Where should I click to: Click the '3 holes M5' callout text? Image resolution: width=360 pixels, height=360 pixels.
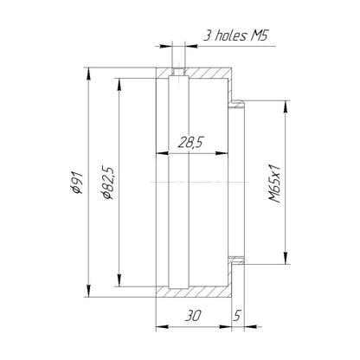coord(235,35)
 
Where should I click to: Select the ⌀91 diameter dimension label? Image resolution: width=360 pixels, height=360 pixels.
coord(78,183)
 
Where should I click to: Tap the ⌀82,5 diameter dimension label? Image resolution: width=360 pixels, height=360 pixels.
coord(109,183)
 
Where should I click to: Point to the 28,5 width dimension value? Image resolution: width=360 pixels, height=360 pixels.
coord(190,142)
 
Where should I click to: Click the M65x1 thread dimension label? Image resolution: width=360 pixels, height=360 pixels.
coord(274,183)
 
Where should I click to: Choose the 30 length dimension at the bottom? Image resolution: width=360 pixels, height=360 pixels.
coord(192,316)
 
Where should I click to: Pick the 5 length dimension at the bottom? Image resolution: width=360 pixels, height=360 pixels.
coord(237,316)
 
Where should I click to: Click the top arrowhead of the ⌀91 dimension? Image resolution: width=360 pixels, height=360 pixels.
coord(89,74)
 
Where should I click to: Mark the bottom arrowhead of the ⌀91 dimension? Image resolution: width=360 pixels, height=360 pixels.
coord(89,291)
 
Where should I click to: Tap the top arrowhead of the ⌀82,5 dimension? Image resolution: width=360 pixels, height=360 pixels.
coord(119,85)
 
